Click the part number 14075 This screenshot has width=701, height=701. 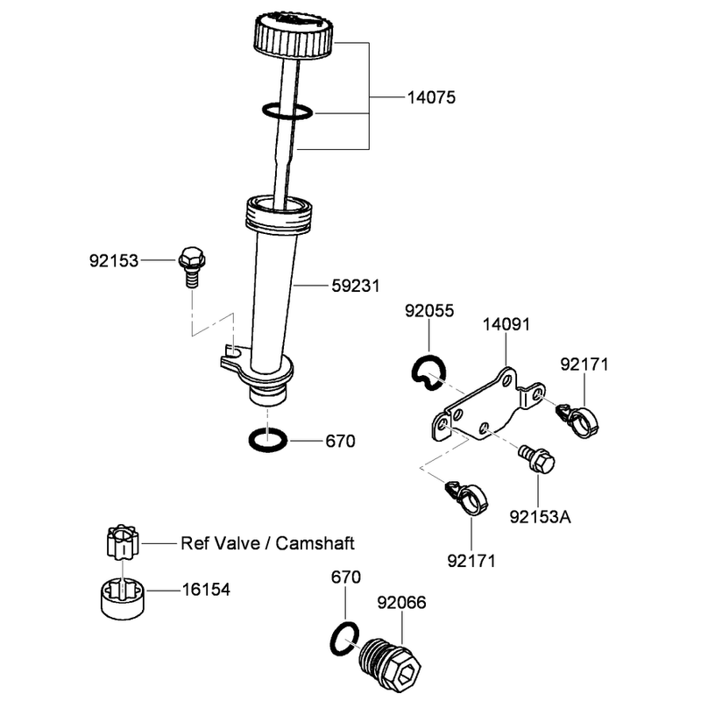click(x=431, y=97)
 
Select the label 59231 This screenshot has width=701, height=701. click(x=356, y=286)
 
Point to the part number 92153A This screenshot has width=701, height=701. click(x=540, y=517)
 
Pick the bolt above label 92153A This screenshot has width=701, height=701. click(x=536, y=459)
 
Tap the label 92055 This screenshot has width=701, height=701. click(x=429, y=311)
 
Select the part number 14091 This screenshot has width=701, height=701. click(x=506, y=324)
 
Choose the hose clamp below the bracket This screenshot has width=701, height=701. click(x=468, y=498)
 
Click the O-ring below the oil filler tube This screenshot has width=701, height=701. click(x=268, y=441)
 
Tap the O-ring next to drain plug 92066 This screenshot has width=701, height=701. click(x=344, y=639)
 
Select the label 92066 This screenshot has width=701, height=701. click(x=401, y=602)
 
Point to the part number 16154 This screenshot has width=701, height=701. click(x=206, y=590)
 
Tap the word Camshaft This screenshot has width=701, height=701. click(x=315, y=543)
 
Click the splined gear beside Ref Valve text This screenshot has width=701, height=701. click(x=123, y=542)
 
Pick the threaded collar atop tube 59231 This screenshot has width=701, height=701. click(x=280, y=214)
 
